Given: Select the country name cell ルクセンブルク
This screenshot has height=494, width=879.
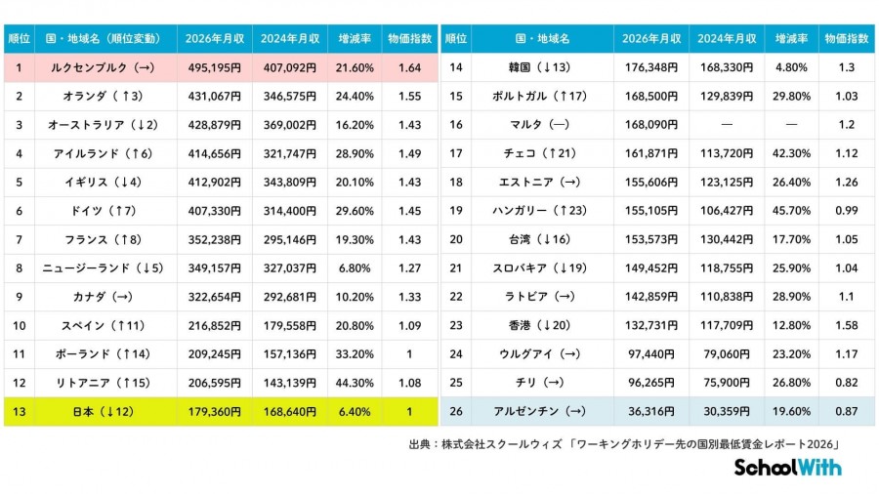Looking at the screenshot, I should [91, 67].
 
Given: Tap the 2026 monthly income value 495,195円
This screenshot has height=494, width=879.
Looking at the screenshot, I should [214, 67].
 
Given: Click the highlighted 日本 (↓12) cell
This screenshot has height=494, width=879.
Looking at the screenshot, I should [91, 412].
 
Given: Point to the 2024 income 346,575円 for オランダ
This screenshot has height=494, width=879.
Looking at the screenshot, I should [289, 96].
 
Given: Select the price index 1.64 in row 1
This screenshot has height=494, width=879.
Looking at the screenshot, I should [409, 67].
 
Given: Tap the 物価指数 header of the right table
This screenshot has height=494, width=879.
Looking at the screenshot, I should [844, 39].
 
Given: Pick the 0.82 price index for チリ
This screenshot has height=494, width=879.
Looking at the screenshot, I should [844, 383].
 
